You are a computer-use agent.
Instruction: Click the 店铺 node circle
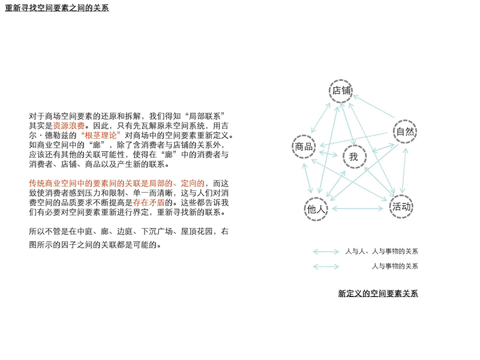click(341, 80)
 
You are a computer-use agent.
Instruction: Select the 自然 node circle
click(404, 121)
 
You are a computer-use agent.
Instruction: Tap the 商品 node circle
click(304, 136)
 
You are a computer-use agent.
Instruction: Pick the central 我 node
click(355, 146)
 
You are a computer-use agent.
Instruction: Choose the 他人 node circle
click(316, 198)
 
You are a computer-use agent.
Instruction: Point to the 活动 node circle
click(401, 196)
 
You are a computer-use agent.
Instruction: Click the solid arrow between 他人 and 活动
click(358, 208)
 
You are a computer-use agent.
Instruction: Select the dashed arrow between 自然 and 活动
click(404, 171)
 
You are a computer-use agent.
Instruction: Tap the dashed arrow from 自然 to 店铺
click(374, 107)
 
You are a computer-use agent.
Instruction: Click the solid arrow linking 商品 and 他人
click(307, 178)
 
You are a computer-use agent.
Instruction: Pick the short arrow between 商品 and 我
click(328, 154)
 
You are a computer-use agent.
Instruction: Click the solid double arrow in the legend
click(326, 251)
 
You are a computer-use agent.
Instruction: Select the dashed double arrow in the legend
click(326, 266)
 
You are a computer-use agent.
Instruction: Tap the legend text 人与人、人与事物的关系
click(382, 251)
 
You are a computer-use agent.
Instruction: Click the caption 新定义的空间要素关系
click(378, 293)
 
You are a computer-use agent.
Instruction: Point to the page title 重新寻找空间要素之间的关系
click(57, 8)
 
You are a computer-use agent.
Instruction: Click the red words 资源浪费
click(69, 125)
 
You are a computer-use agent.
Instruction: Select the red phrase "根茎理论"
click(101, 136)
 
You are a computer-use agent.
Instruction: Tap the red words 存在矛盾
click(149, 202)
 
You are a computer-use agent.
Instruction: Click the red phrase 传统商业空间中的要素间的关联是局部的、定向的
click(116, 184)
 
